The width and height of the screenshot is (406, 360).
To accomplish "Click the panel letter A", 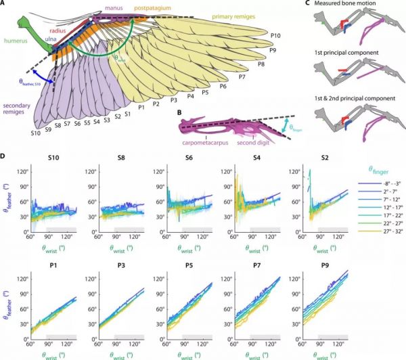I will coord(5,5).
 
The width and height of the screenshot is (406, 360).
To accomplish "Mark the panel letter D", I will coord(5,158).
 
